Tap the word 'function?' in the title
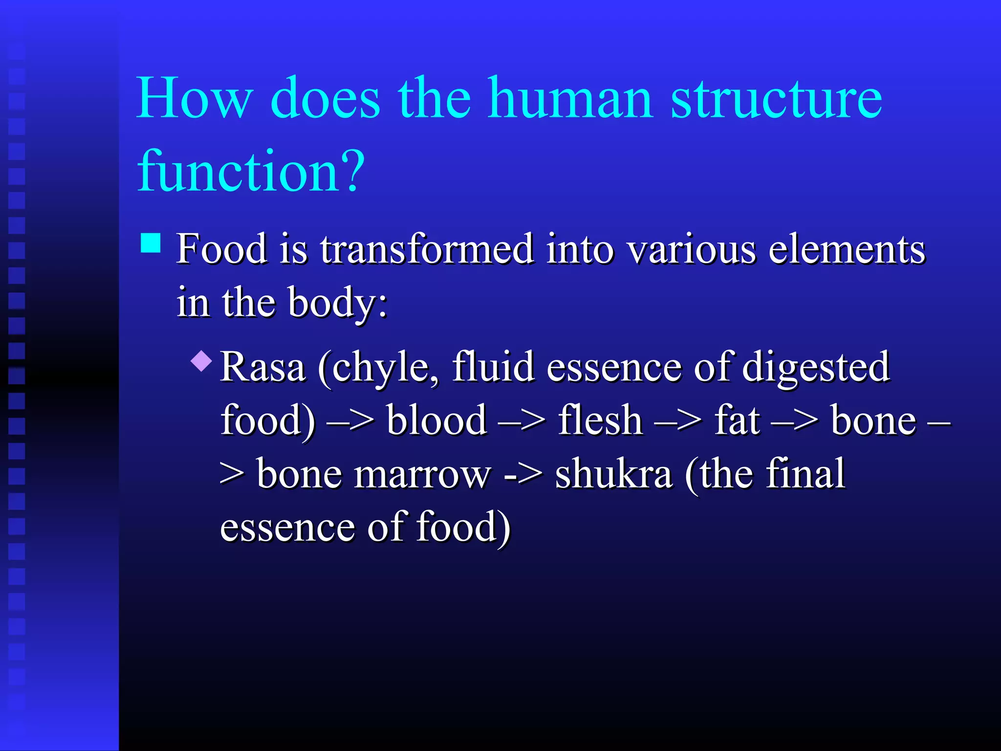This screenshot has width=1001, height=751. tap(251, 171)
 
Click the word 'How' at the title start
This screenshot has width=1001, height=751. tap(195, 99)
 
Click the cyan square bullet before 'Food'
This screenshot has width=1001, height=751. tap(151, 243)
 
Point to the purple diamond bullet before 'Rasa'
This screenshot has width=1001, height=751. tap(202, 361)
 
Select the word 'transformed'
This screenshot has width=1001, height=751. tap(427, 249)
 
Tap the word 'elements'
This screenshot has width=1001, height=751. tap(847, 249)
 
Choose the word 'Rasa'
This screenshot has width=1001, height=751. tap(263, 368)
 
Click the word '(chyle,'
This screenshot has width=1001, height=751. tap(378, 368)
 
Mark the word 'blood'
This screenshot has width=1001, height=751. tap(436, 420)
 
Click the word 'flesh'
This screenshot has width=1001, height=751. tap(600, 420)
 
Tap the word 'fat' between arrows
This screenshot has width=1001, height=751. tap(737, 420)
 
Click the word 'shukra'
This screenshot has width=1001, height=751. tap(614, 474)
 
